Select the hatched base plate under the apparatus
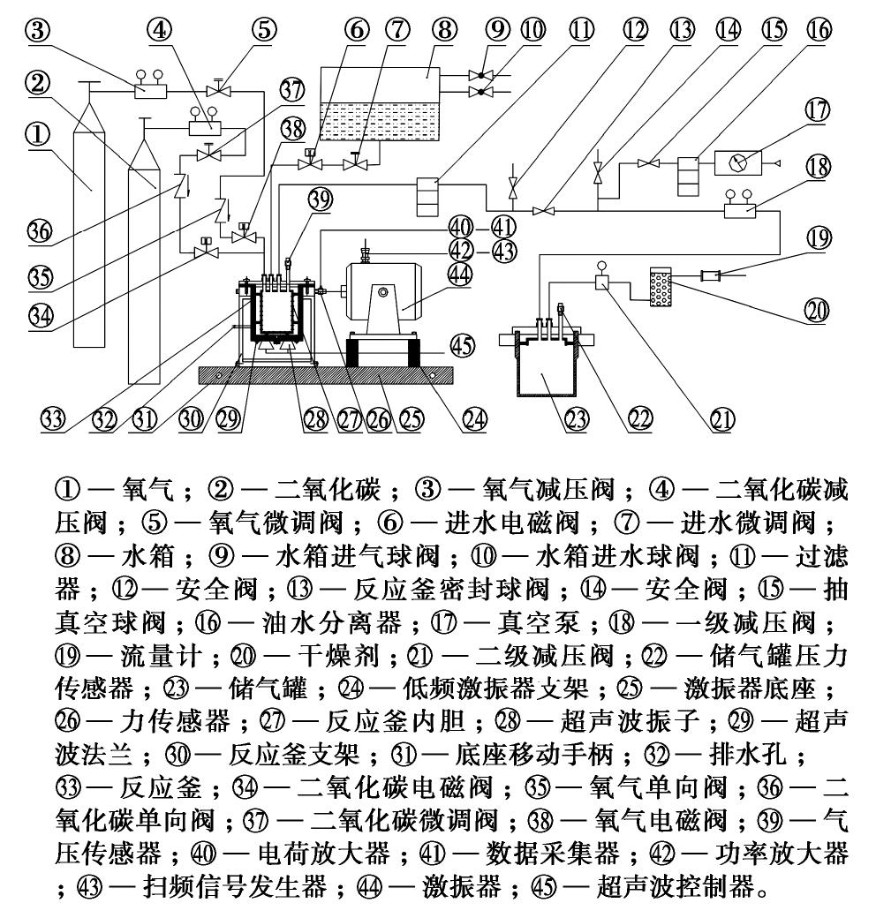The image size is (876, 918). coord(327,374)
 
